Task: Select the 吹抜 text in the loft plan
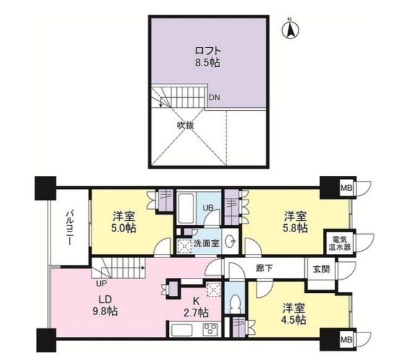pos(186,124)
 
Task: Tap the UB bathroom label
pos(210,208)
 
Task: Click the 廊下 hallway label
pos(265,269)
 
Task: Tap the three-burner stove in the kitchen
pos(210,329)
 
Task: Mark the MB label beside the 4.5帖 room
pos(346,339)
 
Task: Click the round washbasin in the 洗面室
pos(229,241)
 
